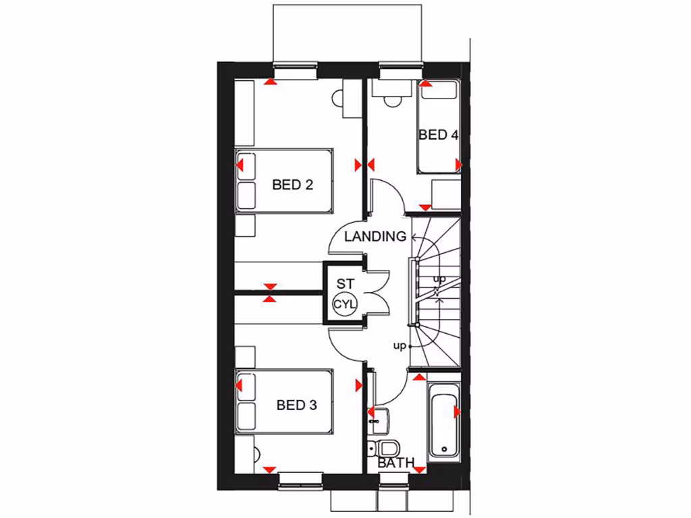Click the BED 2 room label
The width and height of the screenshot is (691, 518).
pyautogui.click(x=293, y=184)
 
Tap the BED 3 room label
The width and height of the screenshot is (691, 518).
pyautogui.click(x=297, y=405)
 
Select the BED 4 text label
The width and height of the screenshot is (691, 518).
pyautogui.click(x=438, y=135)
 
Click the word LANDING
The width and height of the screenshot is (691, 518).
pyautogui.click(x=375, y=237)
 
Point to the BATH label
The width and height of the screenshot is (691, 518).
pyautogui.click(x=396, y=463)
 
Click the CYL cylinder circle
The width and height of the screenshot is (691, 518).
pyautogui.click(x=343, y=304)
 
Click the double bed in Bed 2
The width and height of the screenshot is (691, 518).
pyautogui.click(x=284, y=181)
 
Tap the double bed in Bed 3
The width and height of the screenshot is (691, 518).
pyautogui.click(x=284, y=402)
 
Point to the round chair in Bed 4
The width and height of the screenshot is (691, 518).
pyautogui.click(x=391, y=101)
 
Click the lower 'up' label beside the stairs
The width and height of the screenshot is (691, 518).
pyautogui.click(x=399, y=346)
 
